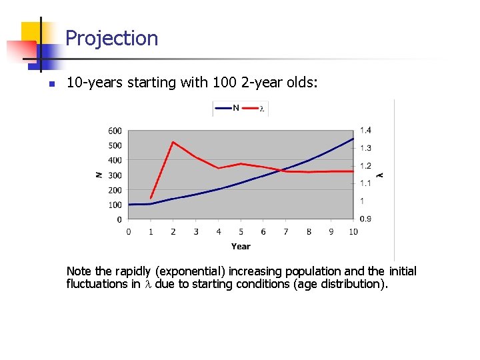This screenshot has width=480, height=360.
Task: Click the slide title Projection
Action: (x=111, y=39)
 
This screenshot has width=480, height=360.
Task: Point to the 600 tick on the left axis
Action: (x=115, y=131)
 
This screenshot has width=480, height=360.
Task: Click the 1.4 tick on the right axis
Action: (x=366, y=131)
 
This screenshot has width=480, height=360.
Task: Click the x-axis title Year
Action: (x=241, y=247)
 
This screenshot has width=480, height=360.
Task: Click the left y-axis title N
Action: (x=99, y=175)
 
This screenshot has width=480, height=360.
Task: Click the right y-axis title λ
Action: (x=381, y=175)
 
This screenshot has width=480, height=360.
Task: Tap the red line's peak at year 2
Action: (x=173, y=142)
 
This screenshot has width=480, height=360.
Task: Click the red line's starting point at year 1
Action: (x=151, y=198)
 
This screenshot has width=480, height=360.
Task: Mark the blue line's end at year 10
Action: (x=353, y=138)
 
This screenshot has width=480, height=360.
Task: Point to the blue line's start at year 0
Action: (x=129, y=204)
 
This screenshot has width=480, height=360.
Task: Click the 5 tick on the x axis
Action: (x=241, y=232)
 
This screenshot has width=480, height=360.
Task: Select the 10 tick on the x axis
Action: (x=353, y=232)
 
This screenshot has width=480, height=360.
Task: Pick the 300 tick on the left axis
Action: (x=115, y=175)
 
